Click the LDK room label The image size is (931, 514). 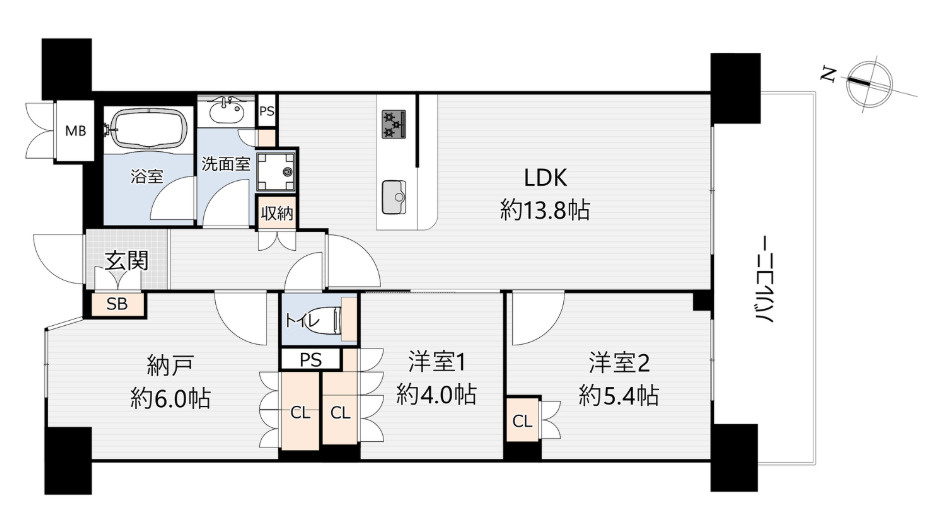point(545,177)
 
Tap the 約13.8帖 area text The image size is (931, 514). point(545,210)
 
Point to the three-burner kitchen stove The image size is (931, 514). point(394,124)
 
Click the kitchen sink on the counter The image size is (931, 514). point(394,197)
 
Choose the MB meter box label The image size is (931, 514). point(75,131)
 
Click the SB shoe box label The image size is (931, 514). point(117,304)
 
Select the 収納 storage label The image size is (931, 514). point(277,213)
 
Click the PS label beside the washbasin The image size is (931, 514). point(267,111)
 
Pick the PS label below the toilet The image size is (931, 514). point(311,360)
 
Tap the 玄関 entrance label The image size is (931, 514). point(126,260)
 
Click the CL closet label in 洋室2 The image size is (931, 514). point(522,421)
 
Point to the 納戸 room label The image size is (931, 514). point(170,366)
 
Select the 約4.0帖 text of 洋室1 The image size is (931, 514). point(436,394)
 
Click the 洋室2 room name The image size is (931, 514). point(619,363)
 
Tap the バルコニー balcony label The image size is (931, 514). point(765,280)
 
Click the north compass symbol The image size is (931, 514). point(869,85)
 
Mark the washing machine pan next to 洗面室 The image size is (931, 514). point(277,171)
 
